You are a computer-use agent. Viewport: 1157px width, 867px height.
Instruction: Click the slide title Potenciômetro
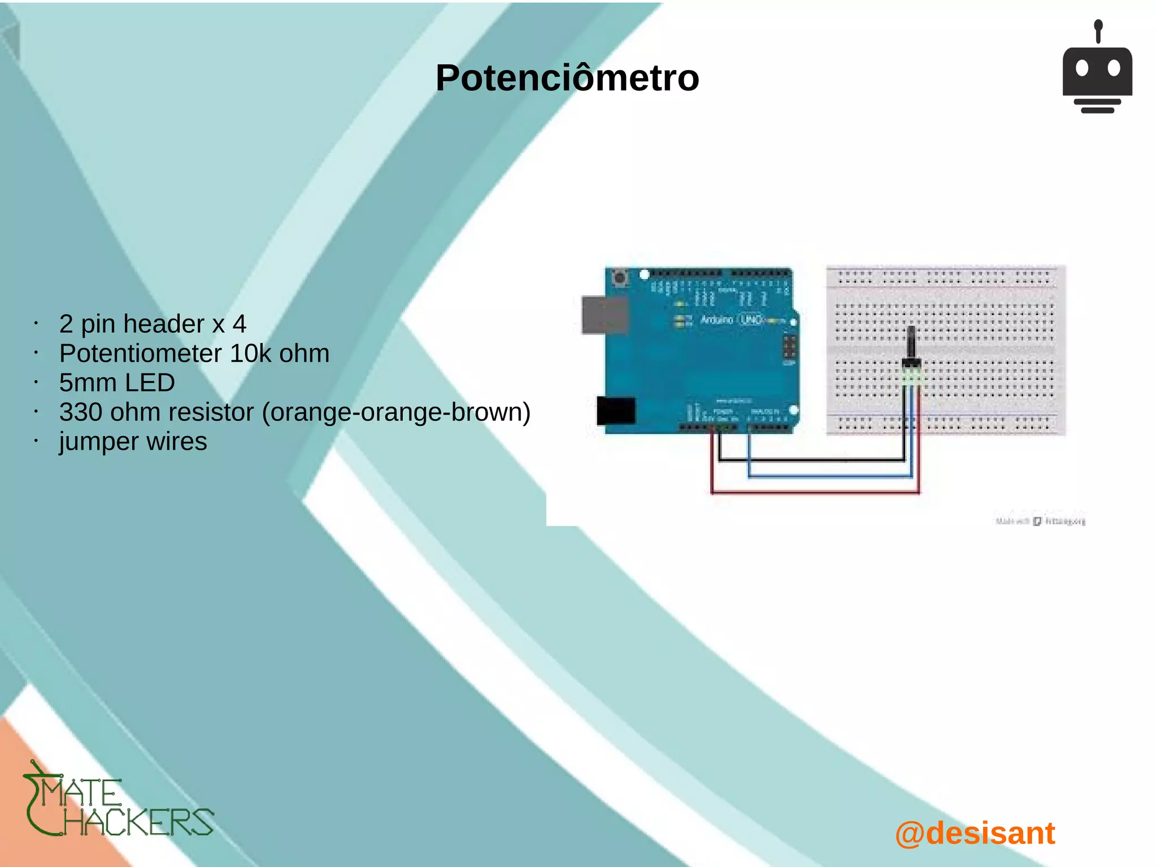point(567,78)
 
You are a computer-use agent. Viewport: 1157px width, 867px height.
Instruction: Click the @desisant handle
point(975,833)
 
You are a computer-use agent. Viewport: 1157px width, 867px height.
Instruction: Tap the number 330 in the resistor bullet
point(80,412)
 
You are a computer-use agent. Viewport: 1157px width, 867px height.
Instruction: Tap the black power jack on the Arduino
point(616,411)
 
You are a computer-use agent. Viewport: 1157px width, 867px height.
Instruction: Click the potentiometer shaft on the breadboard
point(911,342)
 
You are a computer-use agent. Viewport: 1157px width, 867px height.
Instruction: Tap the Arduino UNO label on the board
point(732,320)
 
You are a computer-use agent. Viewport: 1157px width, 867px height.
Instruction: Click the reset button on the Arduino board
point(620,278)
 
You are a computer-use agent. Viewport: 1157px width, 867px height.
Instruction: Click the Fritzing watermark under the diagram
point(1040,521)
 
